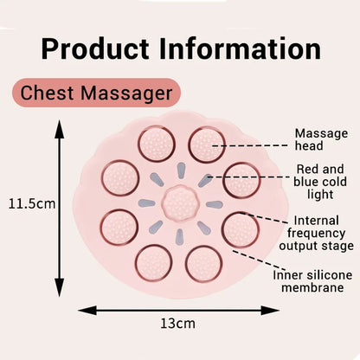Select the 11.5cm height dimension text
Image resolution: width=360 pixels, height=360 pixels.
pos(31,204)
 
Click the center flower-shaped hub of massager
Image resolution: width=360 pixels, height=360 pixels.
pos(180,202)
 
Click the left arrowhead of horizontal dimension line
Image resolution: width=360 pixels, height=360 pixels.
pos(82,308)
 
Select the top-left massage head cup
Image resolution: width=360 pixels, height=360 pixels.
pos(156,143)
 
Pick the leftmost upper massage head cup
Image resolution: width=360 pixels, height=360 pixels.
pos(119,177)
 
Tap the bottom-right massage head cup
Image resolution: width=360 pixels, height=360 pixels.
pos(204,262)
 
